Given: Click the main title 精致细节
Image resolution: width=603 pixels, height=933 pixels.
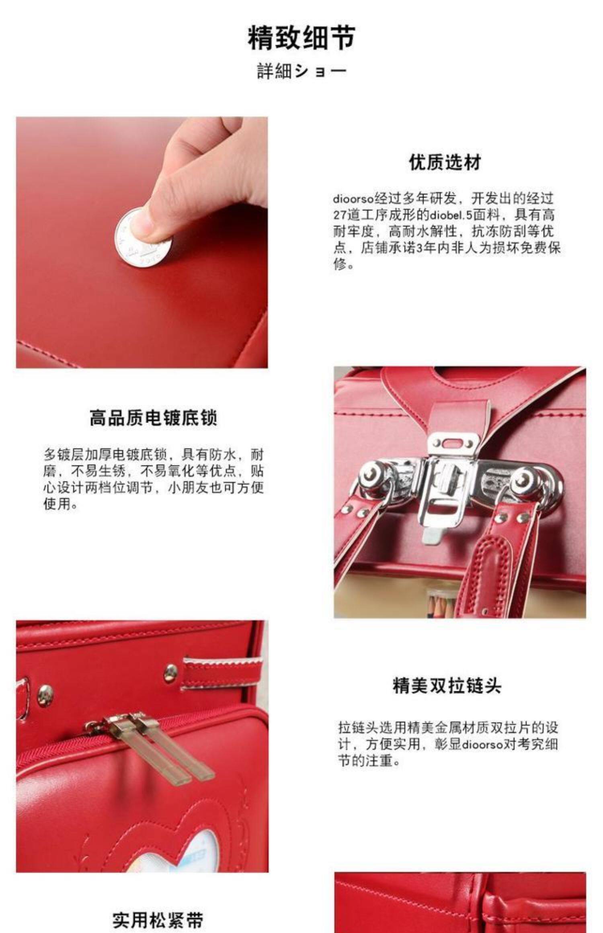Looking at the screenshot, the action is (x=301, y=38).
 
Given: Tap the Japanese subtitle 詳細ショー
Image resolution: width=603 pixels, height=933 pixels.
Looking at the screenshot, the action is (x=301, y=71).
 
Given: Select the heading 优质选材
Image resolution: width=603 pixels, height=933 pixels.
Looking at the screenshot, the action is (x=445, y=163).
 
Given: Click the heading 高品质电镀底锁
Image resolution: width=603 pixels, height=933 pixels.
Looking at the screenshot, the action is (x=153, y=417).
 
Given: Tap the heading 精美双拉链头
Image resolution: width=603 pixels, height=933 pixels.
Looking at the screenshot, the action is (x=447, y=685).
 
